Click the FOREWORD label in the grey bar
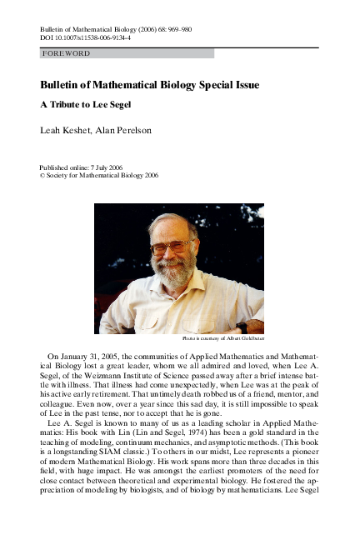[66, 53]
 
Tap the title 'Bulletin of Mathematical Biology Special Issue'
[149, 85]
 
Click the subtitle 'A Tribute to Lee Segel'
[87, 107]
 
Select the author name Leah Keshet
[60, 130]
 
